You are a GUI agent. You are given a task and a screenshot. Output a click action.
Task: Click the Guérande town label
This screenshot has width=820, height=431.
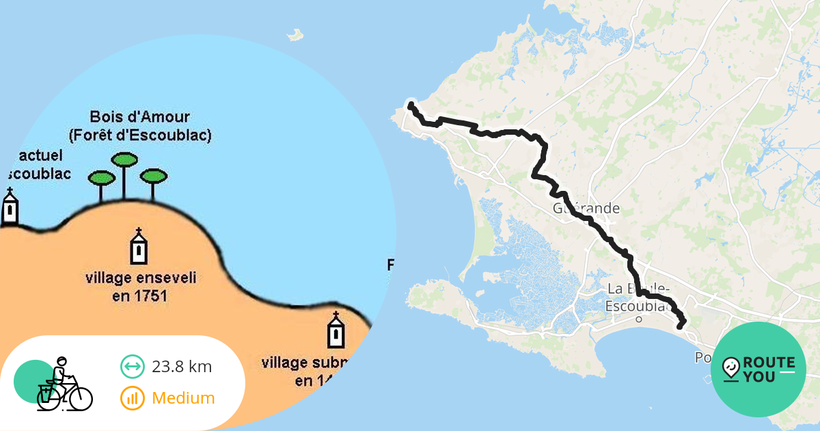tap(586, 208)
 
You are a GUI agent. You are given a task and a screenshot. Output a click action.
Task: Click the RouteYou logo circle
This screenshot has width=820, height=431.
tap(758, 369)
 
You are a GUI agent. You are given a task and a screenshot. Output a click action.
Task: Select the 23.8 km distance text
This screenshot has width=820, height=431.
tap(182, 367)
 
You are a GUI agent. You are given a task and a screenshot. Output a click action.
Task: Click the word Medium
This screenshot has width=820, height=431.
tap(183, 397)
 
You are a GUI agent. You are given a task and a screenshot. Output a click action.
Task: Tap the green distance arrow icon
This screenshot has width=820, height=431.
tap(132, 367)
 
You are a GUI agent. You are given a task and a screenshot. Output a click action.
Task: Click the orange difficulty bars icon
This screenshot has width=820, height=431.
tap(132, 397)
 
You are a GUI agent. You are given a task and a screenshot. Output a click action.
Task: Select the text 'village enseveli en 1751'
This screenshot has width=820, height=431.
tap(141, 287)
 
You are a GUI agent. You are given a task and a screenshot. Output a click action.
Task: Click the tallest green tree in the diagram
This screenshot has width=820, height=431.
tap(124, 161)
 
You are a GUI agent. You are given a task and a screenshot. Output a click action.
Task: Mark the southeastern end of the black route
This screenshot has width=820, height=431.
tap(680, 326)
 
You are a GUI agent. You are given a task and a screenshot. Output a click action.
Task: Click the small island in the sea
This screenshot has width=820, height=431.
tap(295, 34)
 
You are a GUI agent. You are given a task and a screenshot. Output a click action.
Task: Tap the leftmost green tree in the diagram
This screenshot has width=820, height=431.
tap(101, 179)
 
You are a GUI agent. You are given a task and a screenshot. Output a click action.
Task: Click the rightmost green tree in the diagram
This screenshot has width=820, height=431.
tap(153, 176)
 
